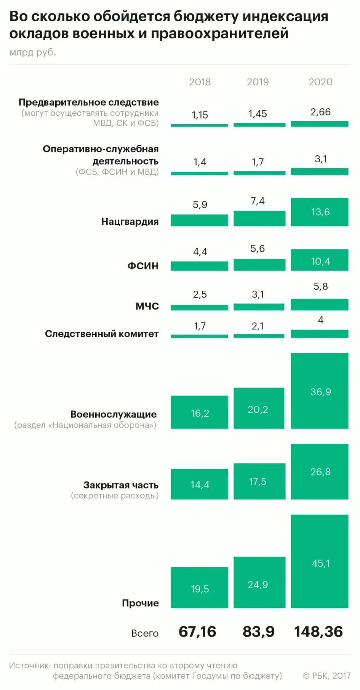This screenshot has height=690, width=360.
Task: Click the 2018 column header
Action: coord(200,82)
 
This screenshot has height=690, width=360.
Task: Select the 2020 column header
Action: coord(320,82)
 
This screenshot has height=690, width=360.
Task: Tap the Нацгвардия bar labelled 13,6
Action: coord(320,212)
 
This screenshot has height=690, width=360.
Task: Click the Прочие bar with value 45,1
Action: coord(320,561)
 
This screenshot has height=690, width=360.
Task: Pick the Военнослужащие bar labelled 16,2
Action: coord(199,412)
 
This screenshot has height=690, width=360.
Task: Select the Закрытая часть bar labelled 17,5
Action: coord(259,481)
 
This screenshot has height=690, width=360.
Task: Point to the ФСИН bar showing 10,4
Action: coord(320,260)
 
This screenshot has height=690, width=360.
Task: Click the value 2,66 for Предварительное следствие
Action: coord(320,112)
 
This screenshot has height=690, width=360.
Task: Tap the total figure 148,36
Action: coord(318,632)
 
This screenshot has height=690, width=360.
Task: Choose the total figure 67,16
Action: coord(197,632)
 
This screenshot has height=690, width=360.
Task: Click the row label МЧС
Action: coord(147,306)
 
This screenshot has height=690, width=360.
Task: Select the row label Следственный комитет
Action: coord(102,334)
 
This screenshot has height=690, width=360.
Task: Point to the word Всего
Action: coord(145,633)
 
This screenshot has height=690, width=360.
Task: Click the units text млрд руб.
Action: coord(33,52)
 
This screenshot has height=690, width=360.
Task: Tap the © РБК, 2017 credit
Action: coord(326,676)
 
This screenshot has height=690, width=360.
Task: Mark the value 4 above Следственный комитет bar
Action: coord(320,320)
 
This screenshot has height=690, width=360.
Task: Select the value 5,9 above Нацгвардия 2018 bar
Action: coord(200,205)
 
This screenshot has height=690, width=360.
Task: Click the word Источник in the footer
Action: coord(29,665)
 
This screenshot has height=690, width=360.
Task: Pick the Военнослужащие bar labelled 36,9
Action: coord(320,391)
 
